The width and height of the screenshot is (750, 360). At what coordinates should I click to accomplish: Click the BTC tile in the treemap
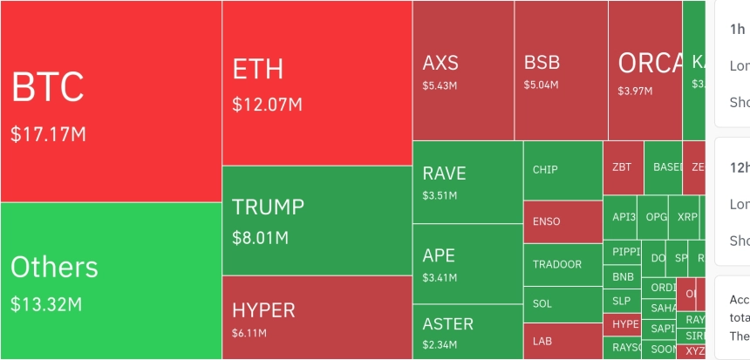click(x=111, y=100)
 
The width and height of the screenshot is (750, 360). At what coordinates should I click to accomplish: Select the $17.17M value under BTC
click(x=49, y=135)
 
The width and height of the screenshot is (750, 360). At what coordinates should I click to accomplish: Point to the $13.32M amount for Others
click(x=46, y=304)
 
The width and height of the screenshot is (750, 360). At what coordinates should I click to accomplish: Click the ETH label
click(x=258, y=70)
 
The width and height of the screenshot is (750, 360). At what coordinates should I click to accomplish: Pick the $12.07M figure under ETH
click(x=267, y=105)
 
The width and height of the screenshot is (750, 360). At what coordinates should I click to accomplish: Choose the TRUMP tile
click(x=317, y=221)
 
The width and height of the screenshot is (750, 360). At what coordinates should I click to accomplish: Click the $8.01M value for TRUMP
click(x=262, y=237)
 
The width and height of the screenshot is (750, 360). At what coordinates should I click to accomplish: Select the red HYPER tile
click(x=317, y=317)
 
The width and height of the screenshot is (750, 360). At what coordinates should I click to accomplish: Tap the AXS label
click(x=440, y=63)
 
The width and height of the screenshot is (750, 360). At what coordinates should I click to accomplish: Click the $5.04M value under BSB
click(x=539, y=85)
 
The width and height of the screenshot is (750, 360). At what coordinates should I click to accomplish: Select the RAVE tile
click(x=467, y=181)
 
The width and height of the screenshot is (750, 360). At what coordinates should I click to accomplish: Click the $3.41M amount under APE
click(x=440, y=278)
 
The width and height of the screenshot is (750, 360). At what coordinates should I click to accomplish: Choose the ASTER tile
click(x=467, y=331)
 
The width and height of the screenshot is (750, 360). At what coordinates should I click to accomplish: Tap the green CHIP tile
click(x=562, y=169)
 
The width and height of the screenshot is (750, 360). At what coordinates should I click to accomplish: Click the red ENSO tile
click(x=562, y=222)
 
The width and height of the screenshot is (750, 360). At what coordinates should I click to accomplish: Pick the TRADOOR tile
click(x=562, y=264)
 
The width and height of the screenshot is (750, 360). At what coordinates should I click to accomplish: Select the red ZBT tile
click(x=623, y=166)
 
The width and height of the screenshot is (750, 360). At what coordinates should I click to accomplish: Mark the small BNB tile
click(x=623, y=277)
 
